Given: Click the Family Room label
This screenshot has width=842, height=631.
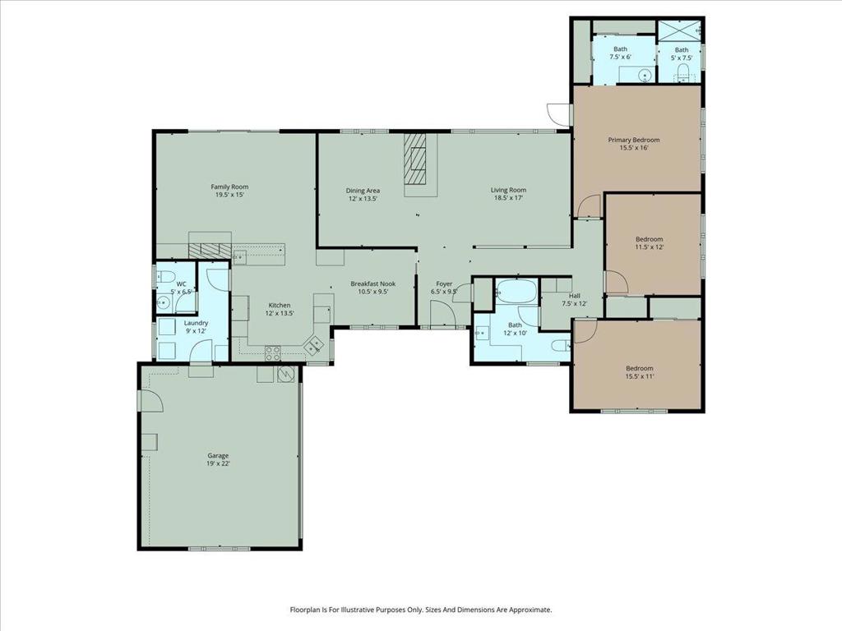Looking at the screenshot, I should click(229, 187).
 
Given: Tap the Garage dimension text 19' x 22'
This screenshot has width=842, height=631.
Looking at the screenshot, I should click(218, 464).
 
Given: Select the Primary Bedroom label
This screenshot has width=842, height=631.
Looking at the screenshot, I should click(634, 140).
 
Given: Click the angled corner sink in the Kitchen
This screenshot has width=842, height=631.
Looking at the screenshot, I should click(314, 346).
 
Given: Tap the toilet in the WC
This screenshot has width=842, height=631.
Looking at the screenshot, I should click(164, 276).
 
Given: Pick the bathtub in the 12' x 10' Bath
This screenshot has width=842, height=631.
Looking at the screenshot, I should click(516, 292).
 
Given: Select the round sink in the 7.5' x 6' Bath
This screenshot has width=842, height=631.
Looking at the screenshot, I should click(645, 75).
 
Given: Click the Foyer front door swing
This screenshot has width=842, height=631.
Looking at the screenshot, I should click(442, 312).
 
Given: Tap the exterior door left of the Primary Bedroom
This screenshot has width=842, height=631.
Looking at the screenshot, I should click(559, 114).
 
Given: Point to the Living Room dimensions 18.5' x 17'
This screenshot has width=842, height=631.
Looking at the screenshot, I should click(509, 198).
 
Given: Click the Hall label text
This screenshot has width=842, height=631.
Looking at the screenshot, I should click(575, 296).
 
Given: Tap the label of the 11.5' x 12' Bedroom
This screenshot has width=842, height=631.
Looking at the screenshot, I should click(649, 239).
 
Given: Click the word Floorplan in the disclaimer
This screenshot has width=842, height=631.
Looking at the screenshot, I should click(308, 610).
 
